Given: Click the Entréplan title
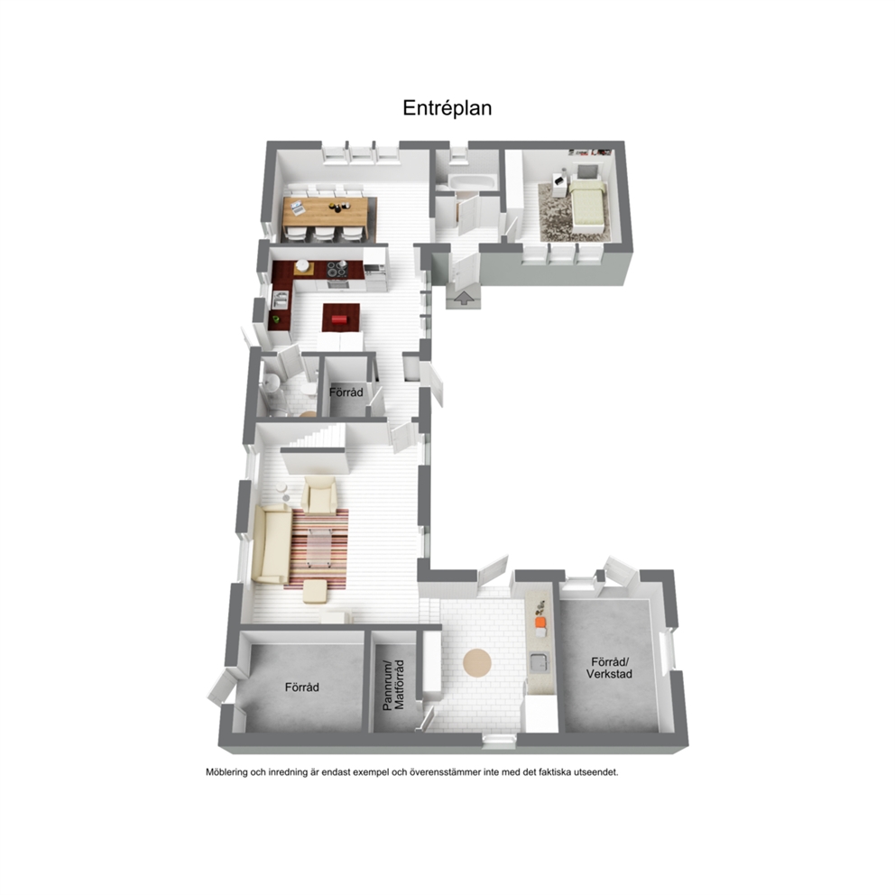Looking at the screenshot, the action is (447, 108).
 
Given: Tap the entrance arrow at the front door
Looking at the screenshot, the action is (464, 298).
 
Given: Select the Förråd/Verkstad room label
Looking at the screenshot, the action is (609, 668).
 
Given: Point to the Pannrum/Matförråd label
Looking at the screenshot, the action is (393, 685).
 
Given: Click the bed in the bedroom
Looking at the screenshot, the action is (586, 203).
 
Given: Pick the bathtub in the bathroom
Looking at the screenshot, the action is (471, 182).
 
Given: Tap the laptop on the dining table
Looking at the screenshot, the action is (298, 208).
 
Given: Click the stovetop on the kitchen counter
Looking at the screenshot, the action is (337, 268).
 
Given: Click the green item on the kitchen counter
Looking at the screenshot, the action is (276, 319).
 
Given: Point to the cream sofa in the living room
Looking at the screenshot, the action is (272, 543).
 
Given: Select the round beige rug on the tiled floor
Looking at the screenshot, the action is (477, 663).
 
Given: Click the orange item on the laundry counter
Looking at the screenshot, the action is (540, 622).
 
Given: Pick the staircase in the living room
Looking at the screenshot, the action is (315, 440).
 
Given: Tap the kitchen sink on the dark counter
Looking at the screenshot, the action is (280, 300).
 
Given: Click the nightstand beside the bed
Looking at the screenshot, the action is (558, 187).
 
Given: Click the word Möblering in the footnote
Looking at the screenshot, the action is (226, 772).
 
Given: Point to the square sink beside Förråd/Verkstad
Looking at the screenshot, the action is (539, 661).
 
